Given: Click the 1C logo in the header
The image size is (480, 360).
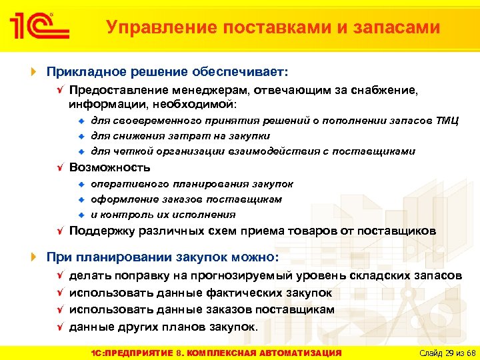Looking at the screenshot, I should [x=39, y=27].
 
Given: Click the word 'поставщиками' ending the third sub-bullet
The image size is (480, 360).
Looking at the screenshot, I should [x=377, y=151].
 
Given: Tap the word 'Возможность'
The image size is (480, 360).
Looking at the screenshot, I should [x=110, y=167].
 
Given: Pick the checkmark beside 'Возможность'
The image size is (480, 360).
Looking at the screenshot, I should [x=59, y=167].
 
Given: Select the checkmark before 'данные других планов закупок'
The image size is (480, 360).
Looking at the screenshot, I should [x=59, y=327].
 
